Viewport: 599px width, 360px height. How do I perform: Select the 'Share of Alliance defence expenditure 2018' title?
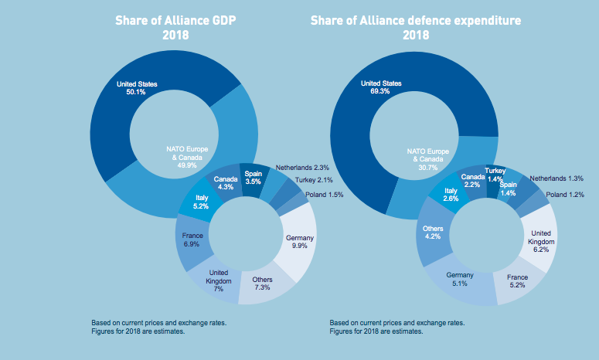[x=416, y=27]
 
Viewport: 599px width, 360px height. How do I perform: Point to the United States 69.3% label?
[x=381, y=87]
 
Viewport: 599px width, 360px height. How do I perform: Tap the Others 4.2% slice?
[x=432, y=233]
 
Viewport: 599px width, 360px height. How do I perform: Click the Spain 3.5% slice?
[x=254, y=179]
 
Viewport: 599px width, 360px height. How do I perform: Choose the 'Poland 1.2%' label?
[x=565, y=195]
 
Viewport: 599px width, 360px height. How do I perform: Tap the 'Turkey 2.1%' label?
[x=313, y=180]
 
